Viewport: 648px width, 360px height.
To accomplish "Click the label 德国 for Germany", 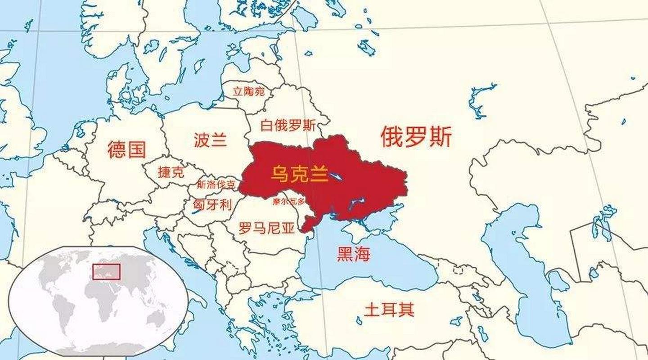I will pos(127,149).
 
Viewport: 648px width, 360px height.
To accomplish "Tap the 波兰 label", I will pos(210,140).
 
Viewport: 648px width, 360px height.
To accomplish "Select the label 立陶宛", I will pos(248,91).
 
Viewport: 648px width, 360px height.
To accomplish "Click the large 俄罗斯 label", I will pos(416,137).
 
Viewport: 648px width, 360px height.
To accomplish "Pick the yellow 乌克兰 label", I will pos(299,174).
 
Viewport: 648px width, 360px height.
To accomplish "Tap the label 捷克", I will pos(171,172).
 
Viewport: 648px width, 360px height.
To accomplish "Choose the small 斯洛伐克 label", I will pos(216,184).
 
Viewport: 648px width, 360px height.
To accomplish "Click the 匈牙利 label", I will pos(212,205).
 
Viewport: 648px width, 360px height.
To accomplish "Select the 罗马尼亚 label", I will pos(266,229).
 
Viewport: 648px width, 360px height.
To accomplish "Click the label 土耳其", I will pos(389,310).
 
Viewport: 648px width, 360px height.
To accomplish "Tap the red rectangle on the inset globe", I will pos(106,271).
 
